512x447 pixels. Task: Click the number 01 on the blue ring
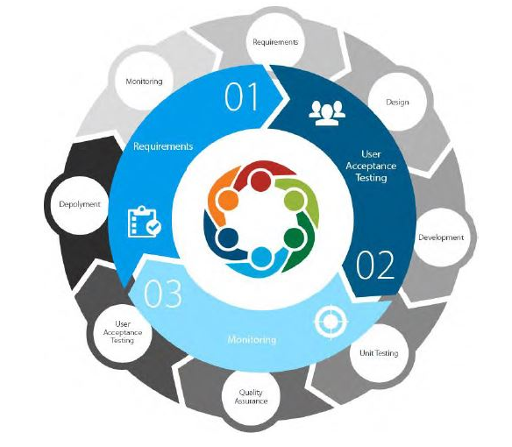point(242,96)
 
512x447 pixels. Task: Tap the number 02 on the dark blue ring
point(375,265)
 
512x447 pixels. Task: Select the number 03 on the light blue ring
point(162,294)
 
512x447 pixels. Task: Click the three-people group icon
point(327,113)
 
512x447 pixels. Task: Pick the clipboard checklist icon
point(144,222)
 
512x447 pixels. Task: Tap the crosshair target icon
point(331,322)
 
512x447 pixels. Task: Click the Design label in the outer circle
point(397,103)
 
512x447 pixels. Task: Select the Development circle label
point(441,238)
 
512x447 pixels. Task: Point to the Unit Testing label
point(379,353)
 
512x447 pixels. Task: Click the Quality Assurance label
point(251,396)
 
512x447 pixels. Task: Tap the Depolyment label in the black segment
point(80,204)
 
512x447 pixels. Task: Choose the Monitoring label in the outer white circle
point(144,82)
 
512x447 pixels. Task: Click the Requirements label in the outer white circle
point(275,42)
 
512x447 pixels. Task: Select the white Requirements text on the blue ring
point(163,146)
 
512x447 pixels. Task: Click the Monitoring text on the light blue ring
point(252,339)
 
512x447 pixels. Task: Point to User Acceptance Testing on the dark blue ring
point(371,166)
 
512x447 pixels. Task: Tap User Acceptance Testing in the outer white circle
point(123,332)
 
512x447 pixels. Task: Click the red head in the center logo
point(260,181)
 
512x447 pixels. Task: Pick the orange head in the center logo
point(228,199)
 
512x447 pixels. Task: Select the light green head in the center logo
point(295,199)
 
